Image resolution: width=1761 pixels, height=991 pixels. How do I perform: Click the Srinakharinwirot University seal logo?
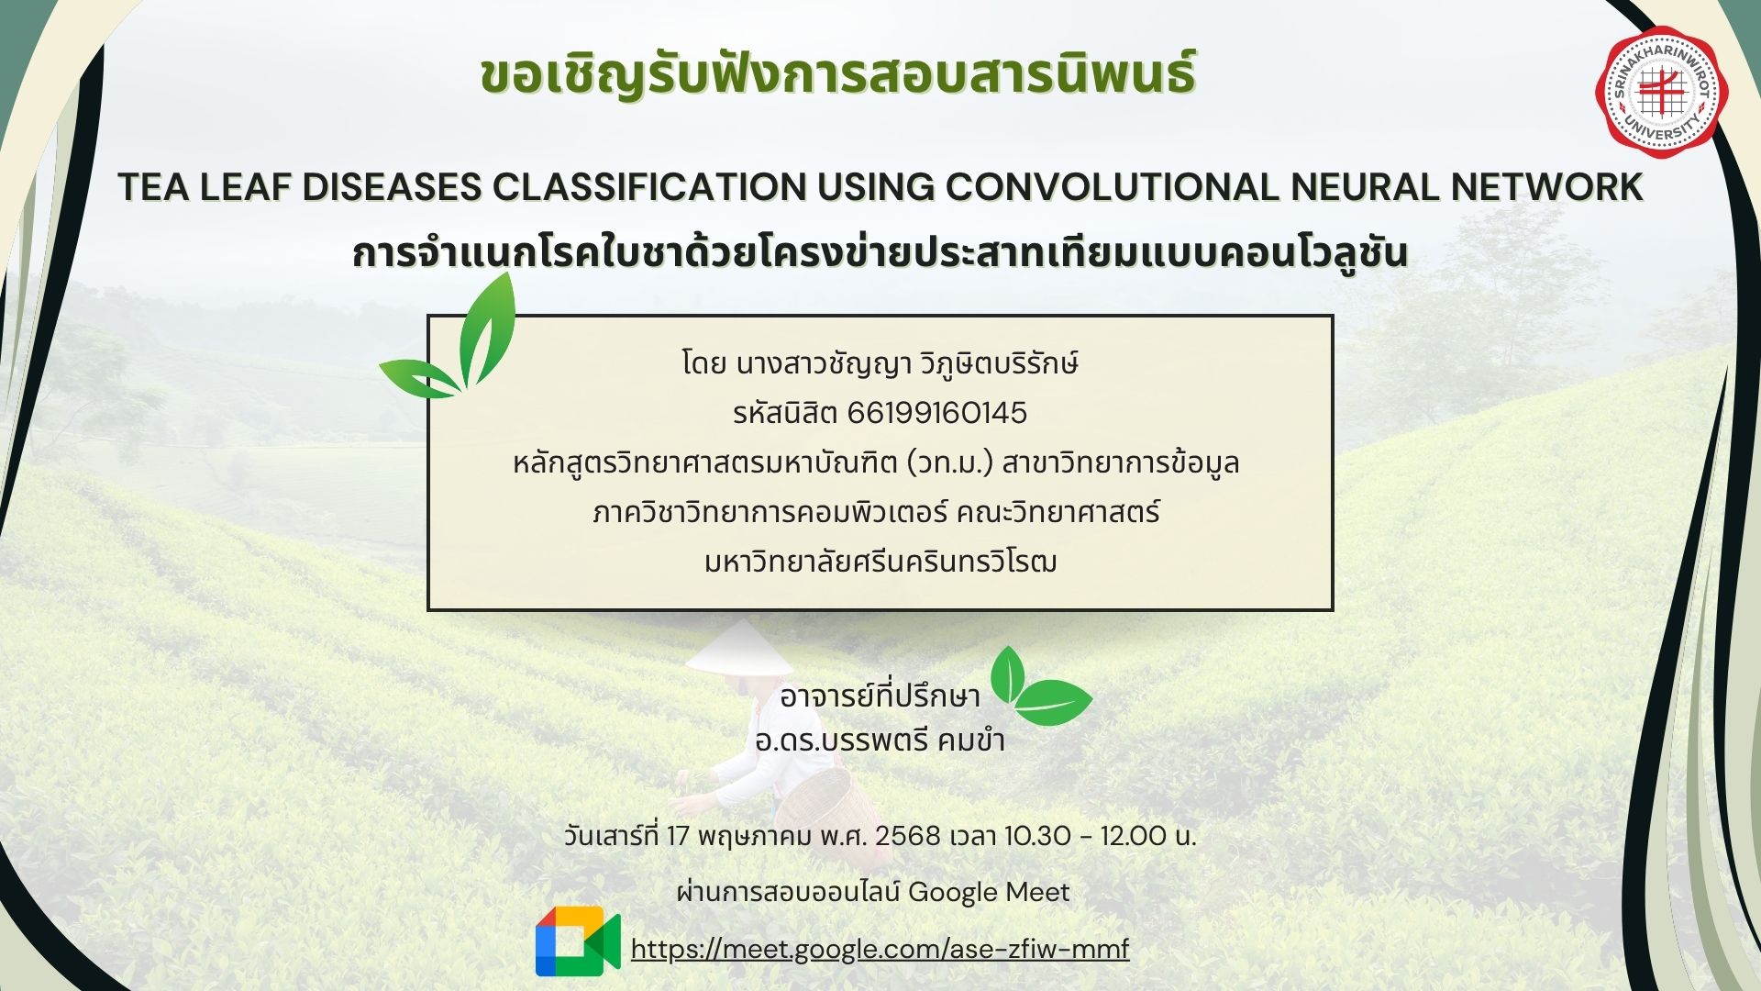1661,93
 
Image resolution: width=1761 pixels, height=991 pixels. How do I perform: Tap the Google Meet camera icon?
578,941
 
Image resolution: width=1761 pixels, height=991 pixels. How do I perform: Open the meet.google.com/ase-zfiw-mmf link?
880,949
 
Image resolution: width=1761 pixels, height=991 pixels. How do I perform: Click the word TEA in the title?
150,187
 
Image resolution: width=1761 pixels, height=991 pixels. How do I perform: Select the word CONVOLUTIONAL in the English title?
1111,187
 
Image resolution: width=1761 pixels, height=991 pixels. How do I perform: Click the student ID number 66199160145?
936,413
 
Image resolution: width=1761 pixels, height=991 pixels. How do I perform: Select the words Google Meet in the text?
989,892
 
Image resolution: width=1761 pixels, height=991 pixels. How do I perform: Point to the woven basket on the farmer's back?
828,806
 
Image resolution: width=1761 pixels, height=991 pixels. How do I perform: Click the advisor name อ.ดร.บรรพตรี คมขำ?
880,740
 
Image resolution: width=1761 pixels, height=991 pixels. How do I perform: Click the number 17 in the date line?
678,836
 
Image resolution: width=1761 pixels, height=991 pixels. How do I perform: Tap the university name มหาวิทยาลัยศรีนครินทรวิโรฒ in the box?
880,561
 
